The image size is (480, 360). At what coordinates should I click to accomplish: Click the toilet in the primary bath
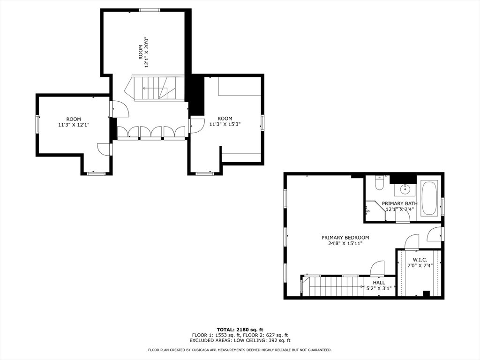tap(379, 183)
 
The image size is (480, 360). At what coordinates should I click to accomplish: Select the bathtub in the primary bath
tap(429, 198)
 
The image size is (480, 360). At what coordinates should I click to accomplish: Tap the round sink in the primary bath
tap(405, 189)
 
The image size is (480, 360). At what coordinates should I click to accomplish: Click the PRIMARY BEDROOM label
tap(345, 238)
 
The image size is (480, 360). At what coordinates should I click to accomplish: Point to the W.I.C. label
tap(420, 260)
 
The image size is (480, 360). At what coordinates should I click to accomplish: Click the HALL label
tap(379, 283)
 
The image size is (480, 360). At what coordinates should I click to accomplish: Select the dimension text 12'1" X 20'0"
tap(147, 52)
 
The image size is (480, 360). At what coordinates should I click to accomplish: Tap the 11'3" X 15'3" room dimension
tap(225, 124)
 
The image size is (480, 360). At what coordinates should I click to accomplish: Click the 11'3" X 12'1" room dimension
tap(74, 125)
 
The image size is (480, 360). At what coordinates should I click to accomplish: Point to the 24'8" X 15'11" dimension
tap(345, 244)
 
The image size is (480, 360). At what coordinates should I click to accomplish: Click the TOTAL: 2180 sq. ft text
tap(240, 330)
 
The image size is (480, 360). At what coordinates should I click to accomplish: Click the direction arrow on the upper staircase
tap(155, 88)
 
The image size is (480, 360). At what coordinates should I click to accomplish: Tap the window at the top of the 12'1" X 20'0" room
tap(150, 10)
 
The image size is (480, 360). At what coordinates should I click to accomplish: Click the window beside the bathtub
tap(442, 207)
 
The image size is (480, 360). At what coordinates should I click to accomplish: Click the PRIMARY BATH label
tap(399, 203)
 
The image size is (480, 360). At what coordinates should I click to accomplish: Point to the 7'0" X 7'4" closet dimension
tap(420, 265)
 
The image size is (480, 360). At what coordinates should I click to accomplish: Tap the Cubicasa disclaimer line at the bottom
tap(240, 350)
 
